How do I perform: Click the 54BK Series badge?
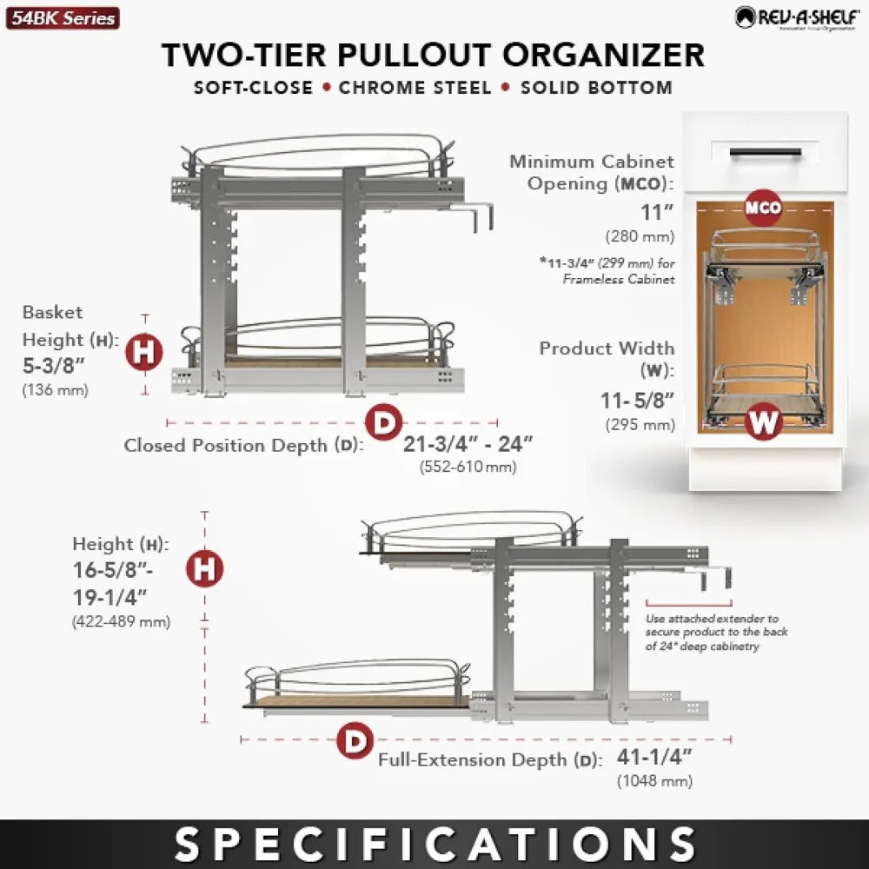[63, 17]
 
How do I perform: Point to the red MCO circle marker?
[764, 208]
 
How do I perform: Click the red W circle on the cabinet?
[764, 422]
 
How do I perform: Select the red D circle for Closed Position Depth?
[382, 422]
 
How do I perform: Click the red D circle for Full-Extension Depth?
[354, 741]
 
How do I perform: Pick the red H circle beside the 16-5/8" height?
[205, 569]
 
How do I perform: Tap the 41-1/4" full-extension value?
[653, 757]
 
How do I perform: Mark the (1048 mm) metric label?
[654, 781]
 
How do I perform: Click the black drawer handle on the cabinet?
[765, 152]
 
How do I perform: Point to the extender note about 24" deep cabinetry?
[717, 632]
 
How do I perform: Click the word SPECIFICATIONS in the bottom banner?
[434, 844]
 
